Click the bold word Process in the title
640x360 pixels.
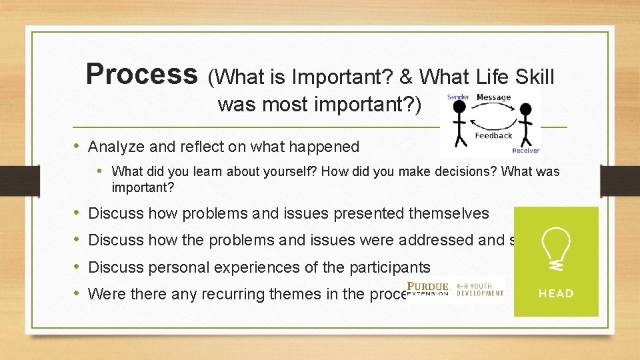(x=142, y=74)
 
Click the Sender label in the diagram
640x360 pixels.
(x=458, y=97)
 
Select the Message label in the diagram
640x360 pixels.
(x=493, y=97)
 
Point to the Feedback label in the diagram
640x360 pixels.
(x=493, y=135)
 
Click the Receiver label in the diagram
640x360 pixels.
(x=525, y=151)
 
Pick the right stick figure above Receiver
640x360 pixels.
(x=526, y=123)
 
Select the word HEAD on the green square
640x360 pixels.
(x=556, y=293)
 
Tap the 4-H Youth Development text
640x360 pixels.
(x=480, y=290)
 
